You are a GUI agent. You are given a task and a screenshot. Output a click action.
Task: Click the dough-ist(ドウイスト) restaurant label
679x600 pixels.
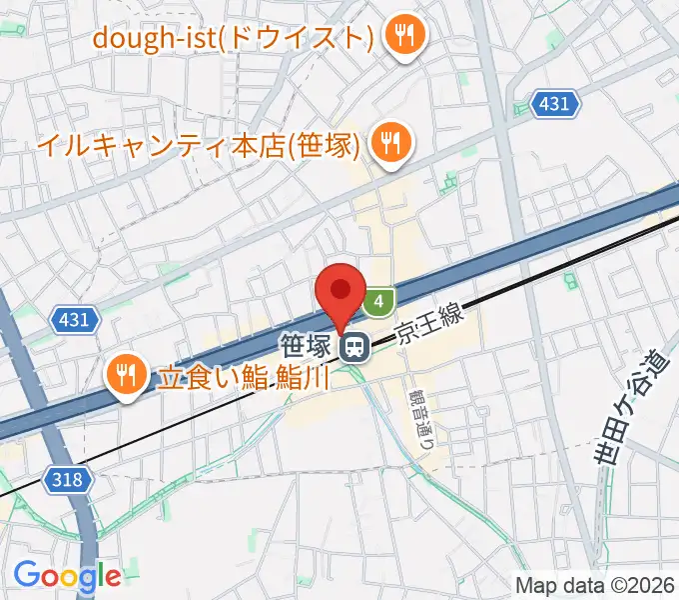[233, 38]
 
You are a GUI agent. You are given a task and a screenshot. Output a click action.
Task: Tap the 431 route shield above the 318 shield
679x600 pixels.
[73, 320]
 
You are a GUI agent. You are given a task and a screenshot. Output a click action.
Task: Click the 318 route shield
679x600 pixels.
[68, 480]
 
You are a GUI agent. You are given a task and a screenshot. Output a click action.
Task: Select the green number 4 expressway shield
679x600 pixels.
[378, 300]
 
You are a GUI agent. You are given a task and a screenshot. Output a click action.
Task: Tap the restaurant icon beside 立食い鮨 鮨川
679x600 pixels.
[126, 376]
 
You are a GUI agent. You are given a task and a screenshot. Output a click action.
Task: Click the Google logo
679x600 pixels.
[66, 575]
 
